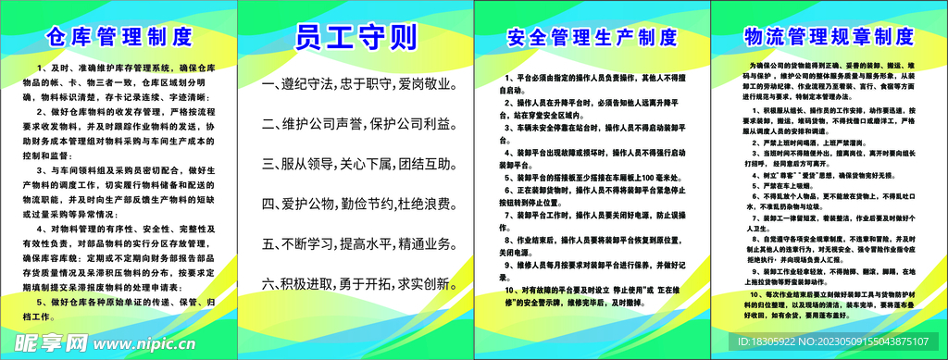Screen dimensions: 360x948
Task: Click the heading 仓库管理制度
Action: point(119,38)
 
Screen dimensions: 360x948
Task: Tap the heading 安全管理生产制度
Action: point(592,38)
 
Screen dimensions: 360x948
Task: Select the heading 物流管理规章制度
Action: point(829,37)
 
